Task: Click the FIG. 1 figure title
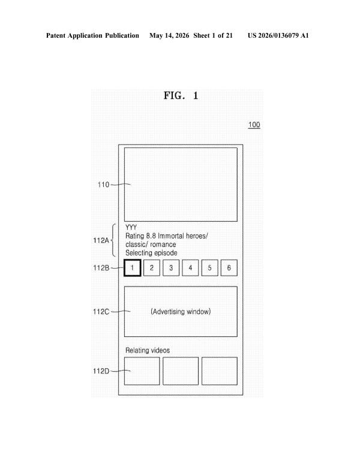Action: point(181,95)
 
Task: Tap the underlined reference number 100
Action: point(254,125)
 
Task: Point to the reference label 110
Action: point(103,185)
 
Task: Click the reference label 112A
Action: point(101,240)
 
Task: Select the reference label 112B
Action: point(101,268)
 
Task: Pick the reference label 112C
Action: point(101,312)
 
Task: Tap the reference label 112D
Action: point(101,371)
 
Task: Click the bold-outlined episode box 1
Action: point(133,268)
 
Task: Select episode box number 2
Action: point(152,268)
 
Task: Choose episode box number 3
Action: point(171,268)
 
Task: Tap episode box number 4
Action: point(190,268)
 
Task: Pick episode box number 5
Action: point(209,268)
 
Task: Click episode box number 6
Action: point(229,268)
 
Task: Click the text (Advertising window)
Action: point(181,312)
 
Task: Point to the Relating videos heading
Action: point(148,350)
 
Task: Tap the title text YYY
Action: point(131,227)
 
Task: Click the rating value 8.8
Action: point(151,236)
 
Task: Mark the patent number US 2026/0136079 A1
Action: point(278,35)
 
